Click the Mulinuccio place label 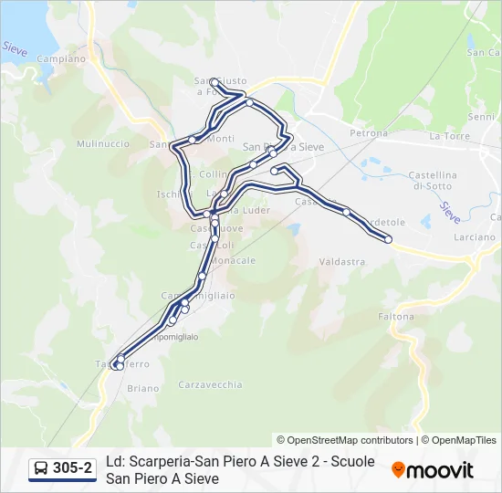click(103, 144)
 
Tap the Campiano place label click(62, 58)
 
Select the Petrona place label click(369, 133)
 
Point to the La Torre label click(449, 136)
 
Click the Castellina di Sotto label click(433, 180)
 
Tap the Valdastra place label click(342, 262)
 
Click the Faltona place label click(395, 317)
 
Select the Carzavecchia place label click(211, 384)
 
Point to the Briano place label click(143, 389)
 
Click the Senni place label click(481, 117)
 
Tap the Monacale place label click(234, 261)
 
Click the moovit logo click(433, 470)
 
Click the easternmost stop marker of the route click(388, 239)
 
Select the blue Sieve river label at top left click(14, 48)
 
